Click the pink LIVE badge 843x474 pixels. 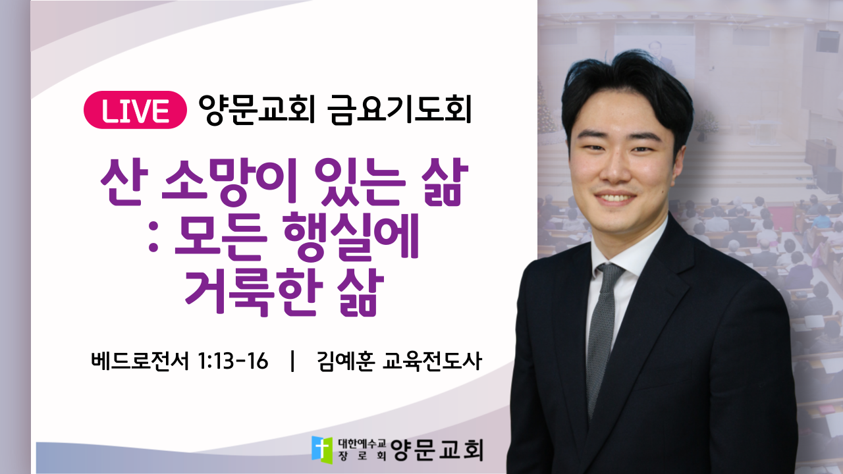[135, 110]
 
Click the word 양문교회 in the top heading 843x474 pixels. [256, 109]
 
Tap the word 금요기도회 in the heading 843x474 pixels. [399, 109]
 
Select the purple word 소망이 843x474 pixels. [230, 182]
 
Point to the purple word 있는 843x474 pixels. [360, 182]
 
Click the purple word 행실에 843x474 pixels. [351, 237]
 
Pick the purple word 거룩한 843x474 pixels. [254, 292]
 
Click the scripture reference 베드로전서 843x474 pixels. [139, 361]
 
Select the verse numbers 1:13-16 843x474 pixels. [232, 361]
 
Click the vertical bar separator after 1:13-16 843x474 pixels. [292, 361]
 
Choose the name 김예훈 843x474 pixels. [346, 361]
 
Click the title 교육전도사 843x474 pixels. [431, 361]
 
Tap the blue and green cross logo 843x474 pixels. [322, 450]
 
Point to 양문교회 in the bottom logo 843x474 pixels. [437, 450]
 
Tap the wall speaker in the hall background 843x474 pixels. [827, 41]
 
